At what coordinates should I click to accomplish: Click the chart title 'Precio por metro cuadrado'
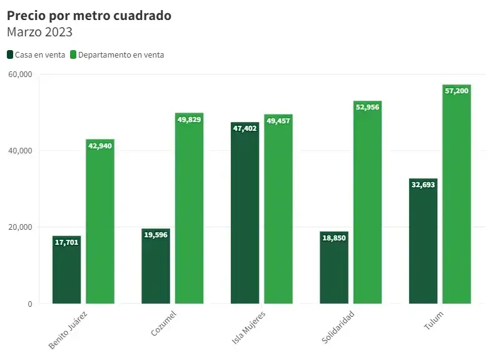(89, 16)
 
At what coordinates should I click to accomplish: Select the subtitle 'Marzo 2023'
(39, 32)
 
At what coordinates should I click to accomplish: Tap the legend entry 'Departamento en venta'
(117, 54)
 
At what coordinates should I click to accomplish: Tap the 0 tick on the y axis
(29, 304)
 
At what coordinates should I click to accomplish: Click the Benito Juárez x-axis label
(68, 329)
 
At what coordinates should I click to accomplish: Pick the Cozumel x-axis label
(163, 323)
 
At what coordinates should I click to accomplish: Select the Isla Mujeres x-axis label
(249, 328)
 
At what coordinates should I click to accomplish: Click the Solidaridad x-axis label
(338, 326)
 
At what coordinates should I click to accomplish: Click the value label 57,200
(456, 91)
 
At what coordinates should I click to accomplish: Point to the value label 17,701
(67, 242)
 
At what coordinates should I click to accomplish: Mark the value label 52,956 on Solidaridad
(367, 107)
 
